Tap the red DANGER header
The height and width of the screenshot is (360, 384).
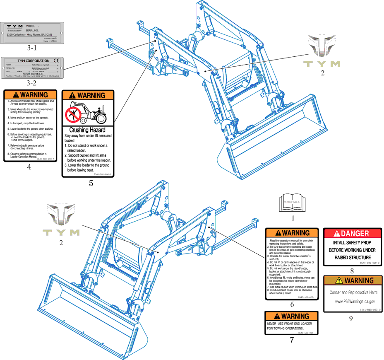coord(352,233)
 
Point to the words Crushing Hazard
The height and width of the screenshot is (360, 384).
coord(87,130)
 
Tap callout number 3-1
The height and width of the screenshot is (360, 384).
coord(31,48)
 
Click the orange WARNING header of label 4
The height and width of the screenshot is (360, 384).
coord(30,95)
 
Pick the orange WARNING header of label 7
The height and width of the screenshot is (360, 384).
coord(292,316)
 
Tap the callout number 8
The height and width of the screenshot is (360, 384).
coord(352,271)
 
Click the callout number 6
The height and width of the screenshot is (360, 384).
coord(292,304)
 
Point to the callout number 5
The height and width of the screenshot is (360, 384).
coord(91,183)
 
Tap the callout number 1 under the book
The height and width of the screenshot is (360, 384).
coord(293,217)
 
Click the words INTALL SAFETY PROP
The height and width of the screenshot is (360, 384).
coord(352,242)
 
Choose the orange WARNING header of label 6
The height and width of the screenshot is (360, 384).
coord(292,233)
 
